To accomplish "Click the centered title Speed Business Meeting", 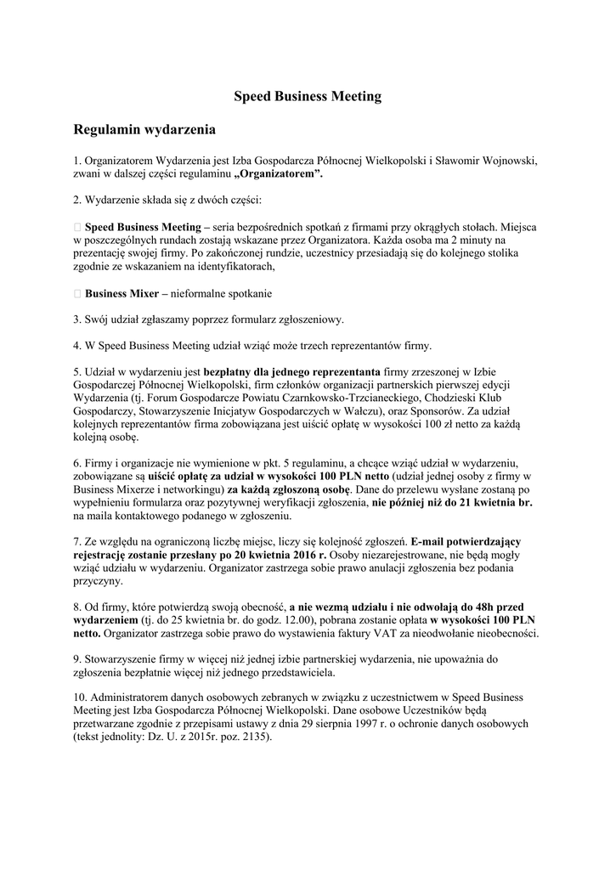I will point(308,97).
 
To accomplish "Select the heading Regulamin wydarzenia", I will point(145,130).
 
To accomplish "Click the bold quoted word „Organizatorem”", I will point(278,173).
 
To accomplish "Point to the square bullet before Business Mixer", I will point(77,293).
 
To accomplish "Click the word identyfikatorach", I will point(233,267).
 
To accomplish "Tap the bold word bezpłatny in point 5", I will point(230,371).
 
